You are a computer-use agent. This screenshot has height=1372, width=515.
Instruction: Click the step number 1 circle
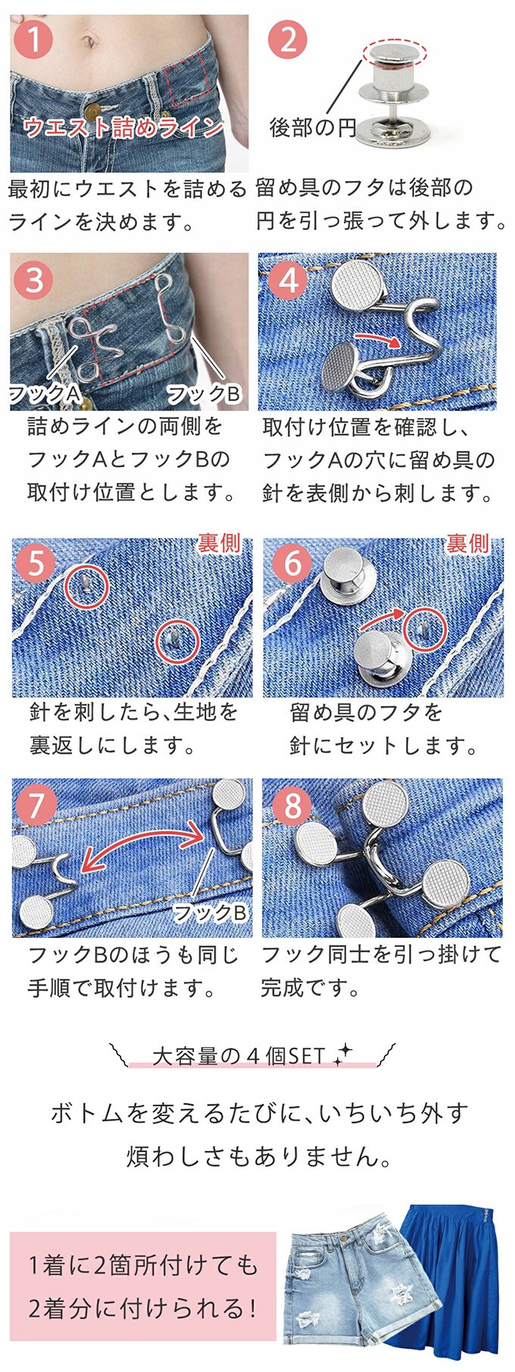tap(33, 39)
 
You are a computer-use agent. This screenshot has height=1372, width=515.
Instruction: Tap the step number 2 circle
tap(288, 39)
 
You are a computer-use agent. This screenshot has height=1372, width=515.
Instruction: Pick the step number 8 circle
tap(292, 805)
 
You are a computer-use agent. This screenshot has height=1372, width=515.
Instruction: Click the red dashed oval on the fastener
tap(395, 53)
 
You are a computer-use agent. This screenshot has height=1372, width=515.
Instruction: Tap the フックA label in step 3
tap(44, 393)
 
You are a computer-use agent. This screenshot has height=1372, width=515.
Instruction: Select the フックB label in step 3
tap(203, 393)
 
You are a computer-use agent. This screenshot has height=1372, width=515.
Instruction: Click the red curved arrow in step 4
tap(378, 336)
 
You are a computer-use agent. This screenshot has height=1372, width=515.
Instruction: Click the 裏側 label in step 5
tap(220, 542)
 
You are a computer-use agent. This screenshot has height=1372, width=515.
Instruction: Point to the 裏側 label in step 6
tap(467, 542)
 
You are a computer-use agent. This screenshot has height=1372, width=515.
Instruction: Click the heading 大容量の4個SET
tap(239, 1056)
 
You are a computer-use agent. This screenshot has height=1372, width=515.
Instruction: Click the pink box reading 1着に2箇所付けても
tap(143, 1286)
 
